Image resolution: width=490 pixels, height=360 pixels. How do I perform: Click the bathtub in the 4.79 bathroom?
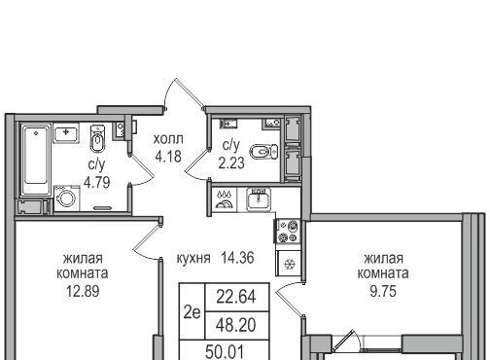tap(36, 160)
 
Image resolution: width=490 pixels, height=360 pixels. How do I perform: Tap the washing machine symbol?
tap(67, 198)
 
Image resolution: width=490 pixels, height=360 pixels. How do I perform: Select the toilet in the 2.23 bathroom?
tap(264, 151)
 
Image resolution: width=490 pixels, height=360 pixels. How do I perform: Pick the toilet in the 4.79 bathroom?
tap(97, 138)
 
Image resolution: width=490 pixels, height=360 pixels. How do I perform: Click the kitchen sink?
tap(259, 199)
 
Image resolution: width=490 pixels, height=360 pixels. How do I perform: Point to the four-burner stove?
tap(288, 231)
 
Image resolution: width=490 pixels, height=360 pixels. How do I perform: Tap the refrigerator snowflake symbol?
tap(288, 265)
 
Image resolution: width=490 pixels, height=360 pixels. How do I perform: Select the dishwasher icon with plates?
tap(224, 199)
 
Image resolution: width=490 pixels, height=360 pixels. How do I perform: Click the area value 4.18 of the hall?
tap(168, 157)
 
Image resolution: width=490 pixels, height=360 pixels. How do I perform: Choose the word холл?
tap(168, 139)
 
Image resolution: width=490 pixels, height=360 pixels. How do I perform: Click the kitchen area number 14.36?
tap(237, 258)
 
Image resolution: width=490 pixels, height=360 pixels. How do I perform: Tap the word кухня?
tap(193, 259)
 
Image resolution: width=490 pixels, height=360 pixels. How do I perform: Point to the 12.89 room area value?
tap(83, 291)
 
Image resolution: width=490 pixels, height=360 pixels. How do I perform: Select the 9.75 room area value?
tap(383, 291)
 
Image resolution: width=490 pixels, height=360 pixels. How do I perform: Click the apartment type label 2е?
tap(192, 312)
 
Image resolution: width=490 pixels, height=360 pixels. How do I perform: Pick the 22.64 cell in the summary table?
tap(236, 297)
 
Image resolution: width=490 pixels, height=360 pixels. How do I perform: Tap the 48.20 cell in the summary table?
tap(236, 325)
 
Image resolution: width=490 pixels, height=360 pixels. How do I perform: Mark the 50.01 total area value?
tap(225, 352)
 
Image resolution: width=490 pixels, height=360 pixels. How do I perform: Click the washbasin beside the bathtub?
tap(66, 134)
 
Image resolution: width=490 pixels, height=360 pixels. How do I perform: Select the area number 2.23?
tap(231, 162)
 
